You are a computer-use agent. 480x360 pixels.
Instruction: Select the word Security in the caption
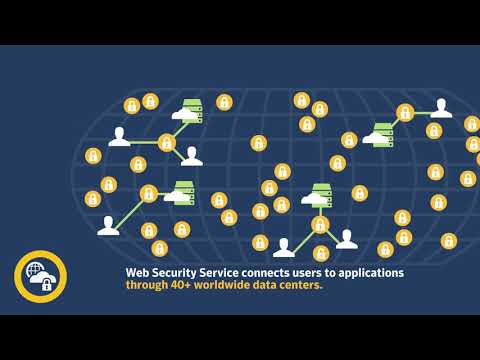click(174, 272)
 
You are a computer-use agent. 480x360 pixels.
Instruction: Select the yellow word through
click(148, 285)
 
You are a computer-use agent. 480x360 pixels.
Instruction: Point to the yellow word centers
click(301, 285)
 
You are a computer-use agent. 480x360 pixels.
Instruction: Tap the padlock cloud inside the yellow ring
click(45, 283)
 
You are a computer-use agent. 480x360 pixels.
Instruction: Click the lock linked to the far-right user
click(405, 112)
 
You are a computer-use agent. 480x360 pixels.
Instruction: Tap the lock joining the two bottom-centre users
click(320, 225)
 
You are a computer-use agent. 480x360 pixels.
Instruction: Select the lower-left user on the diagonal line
click(108, 226)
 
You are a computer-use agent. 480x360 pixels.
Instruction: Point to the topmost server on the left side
click(189, 110)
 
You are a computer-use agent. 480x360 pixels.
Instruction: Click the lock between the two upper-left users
click(167, 143)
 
